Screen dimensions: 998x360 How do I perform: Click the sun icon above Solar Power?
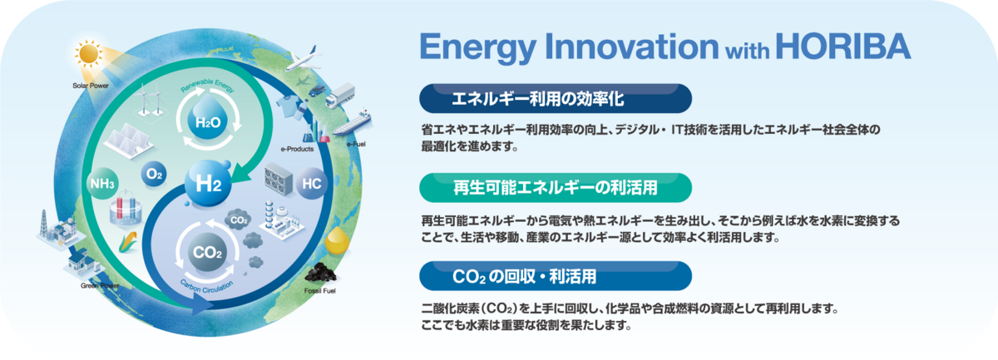tap(89, 53)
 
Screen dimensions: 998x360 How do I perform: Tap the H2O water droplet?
tap(208, 117)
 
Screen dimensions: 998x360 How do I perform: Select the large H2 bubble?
tap(208, 183)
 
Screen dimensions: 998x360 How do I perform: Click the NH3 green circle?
tap(102, 183)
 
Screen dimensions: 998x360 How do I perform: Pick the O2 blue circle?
tap(154, 174)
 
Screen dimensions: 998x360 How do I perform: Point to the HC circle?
tap(311, 183)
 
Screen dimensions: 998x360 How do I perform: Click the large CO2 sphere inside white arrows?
tap(207, 252)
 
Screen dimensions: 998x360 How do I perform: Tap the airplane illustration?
tap(304, 58)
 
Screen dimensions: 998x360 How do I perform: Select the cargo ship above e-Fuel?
tap(353, 122)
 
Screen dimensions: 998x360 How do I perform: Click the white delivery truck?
tap(340, 96)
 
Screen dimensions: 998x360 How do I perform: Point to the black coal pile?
tap(322, 273)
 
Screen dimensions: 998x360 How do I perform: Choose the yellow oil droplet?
tap(337, 240)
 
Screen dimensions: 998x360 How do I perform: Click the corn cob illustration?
tap(129, 242)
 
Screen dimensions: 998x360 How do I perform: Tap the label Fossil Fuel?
tap(320, 291)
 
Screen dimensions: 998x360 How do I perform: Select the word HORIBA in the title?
tap(843, 47)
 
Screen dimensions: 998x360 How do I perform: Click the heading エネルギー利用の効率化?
tap(538, 99)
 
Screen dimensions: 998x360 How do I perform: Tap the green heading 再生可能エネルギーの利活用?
tap(556, 188)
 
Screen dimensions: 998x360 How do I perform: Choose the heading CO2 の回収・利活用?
tap(525, 277)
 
